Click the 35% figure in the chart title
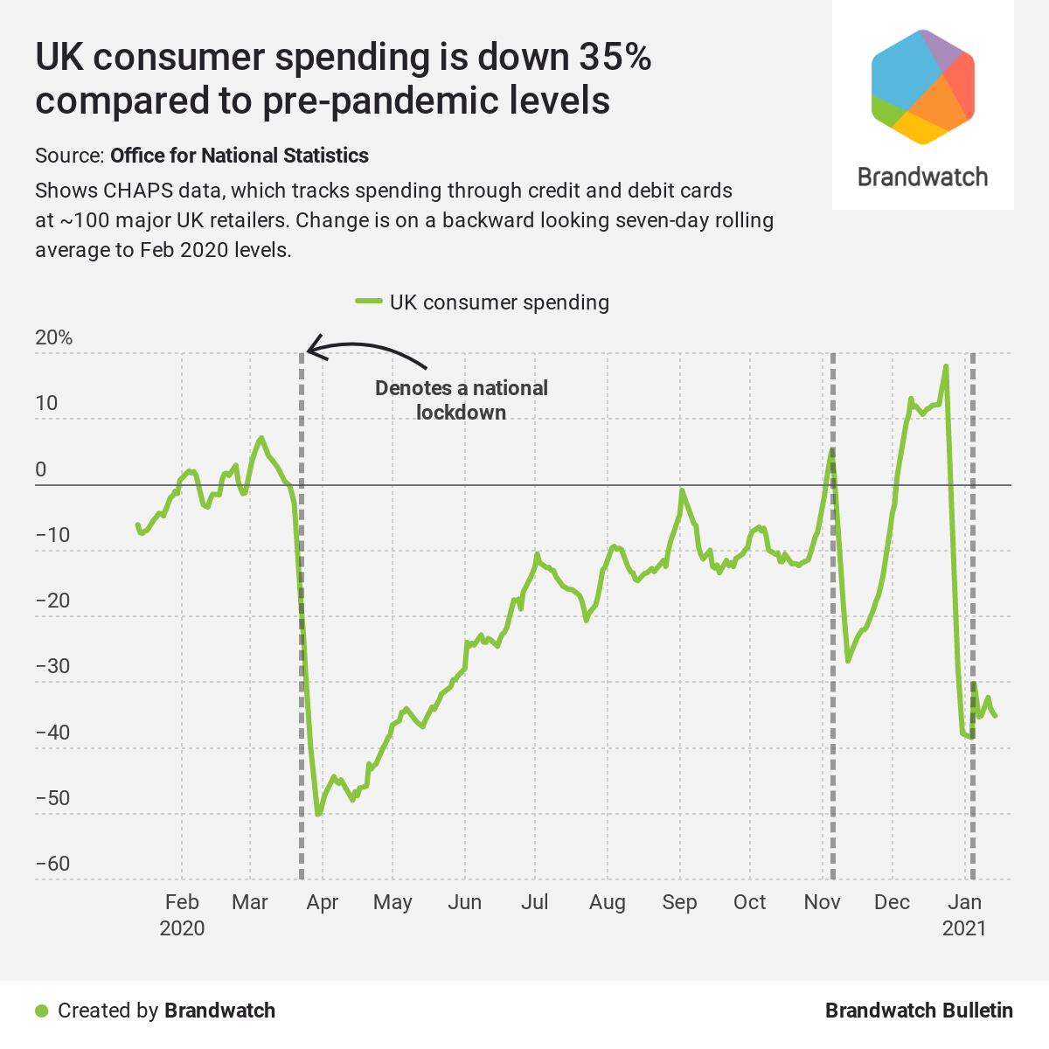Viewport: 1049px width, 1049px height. pyautogui.click(x=614, y=58)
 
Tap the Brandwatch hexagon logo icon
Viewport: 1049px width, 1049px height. pyautogui.click(x=922, y=87)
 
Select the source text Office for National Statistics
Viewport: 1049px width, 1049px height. pyautogui.click(x=239, y=156)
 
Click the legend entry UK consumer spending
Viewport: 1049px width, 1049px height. pyautogui.click(x=499, y=302)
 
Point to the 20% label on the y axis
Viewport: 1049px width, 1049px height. pyautogui.click(x=54, y=337)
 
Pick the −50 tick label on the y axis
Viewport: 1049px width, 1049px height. pyautogui.click(x=52, y=798)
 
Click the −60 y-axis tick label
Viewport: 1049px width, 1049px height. pyautogui.click(x=52, y=864)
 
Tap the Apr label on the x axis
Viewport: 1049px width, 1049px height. pyautogui.click(x=322, y=902)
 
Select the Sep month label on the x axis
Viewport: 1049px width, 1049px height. pyautogui.click(x=679, y=902)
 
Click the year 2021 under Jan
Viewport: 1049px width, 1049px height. pyautogui.click(x=964, y=928)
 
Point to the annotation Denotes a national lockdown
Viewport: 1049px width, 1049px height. pyautogui.click(x=461, y=399)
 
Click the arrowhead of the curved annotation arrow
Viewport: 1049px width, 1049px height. pyautogui.click(x=311, y=350)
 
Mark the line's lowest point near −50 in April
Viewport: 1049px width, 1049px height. pyautogui.click(x=318, y=814)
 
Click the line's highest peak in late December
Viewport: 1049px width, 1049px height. pyautogui.click(x=946, y=367)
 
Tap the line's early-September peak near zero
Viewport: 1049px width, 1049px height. pyautogui.click(x=681, y=491)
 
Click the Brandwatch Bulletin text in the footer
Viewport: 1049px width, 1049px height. pyautogui.click(x=919, y=1011)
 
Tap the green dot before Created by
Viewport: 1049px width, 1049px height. pyautogui.click(x=41, y=1011)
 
